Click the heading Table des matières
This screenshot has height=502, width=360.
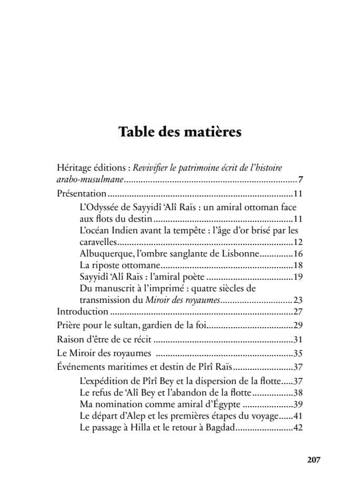pyautogui.click(x=179, y=132)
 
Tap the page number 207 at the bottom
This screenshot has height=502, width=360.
pyautogui.click(x=313, y=459)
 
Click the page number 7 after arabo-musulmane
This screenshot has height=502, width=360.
pyautogui.click(x=301, y=180)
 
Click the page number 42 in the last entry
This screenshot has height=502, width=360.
pyautogui.click(x=298, y=428)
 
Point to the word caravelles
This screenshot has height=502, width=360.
pyautogui.click(x=98, y=242)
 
